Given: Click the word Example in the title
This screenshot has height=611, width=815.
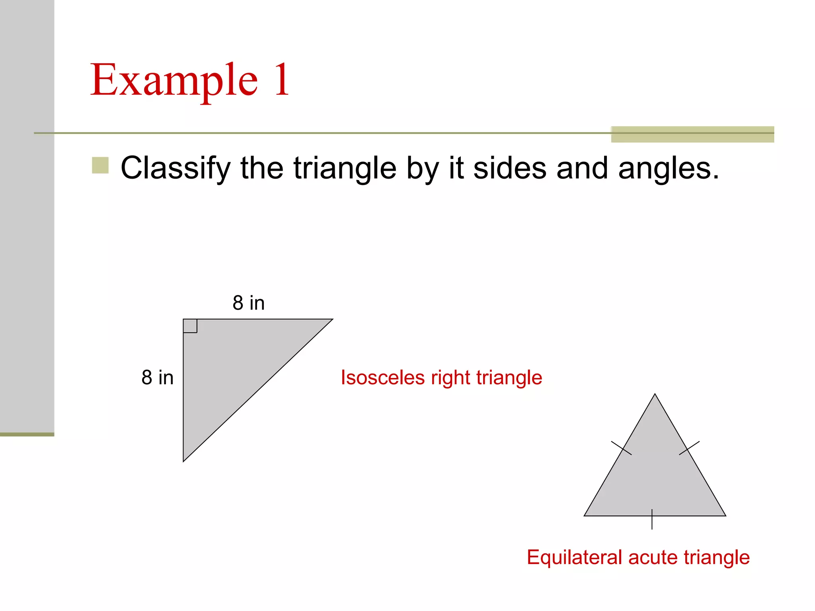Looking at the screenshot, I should [174, 80].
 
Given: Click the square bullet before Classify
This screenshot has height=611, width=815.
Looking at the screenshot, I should [100, 165].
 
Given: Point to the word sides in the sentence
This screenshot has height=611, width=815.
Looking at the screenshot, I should [510, 168].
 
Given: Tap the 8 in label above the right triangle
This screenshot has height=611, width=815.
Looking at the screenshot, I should [249, 303].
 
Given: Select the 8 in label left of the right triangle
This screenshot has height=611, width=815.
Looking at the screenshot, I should [158, 377].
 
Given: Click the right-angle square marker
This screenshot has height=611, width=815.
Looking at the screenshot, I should [190, 326].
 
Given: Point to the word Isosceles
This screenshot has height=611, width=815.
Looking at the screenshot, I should [383, 377].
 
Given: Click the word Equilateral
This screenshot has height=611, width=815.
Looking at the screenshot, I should [574, 557].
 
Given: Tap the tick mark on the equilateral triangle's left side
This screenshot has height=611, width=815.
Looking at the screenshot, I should [621, 448].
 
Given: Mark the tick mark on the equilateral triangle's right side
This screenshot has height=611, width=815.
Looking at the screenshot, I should [689, 448].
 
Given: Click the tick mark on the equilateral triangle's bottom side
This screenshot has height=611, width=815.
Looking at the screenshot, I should [652, 519].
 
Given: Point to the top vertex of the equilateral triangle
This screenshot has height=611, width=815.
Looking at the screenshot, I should [655, 394].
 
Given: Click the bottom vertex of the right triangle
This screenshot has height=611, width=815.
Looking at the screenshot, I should [183, 461].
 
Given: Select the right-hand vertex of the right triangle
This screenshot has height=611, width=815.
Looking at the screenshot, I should [332, 319].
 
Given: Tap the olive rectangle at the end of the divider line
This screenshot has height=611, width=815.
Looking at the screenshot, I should [692, 134].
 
